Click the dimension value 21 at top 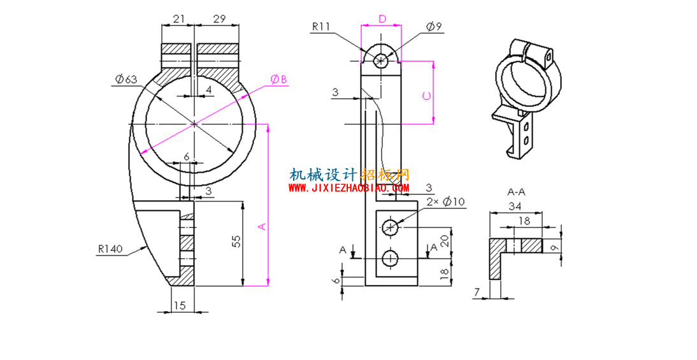(x=178, y=18)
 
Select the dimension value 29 (x=220, y=18)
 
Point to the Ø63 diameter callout (x=126, y=80)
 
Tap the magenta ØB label (x=278, y=80)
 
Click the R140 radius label (x=110, y=249)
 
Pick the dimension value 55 (x=237, y=241)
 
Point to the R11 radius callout (x=321, y=27)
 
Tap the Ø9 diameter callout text (x=434, y=27)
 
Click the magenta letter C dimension (x=426, y=96)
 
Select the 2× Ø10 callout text (x=446, y=202)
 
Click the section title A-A (x=517, y=192)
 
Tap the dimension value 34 (x=515, y=206)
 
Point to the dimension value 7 (x=477, y=292)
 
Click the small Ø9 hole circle (x=381, y=59)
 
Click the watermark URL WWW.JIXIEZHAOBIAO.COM (x=349, y=188)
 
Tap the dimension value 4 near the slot (x=208, y=90)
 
